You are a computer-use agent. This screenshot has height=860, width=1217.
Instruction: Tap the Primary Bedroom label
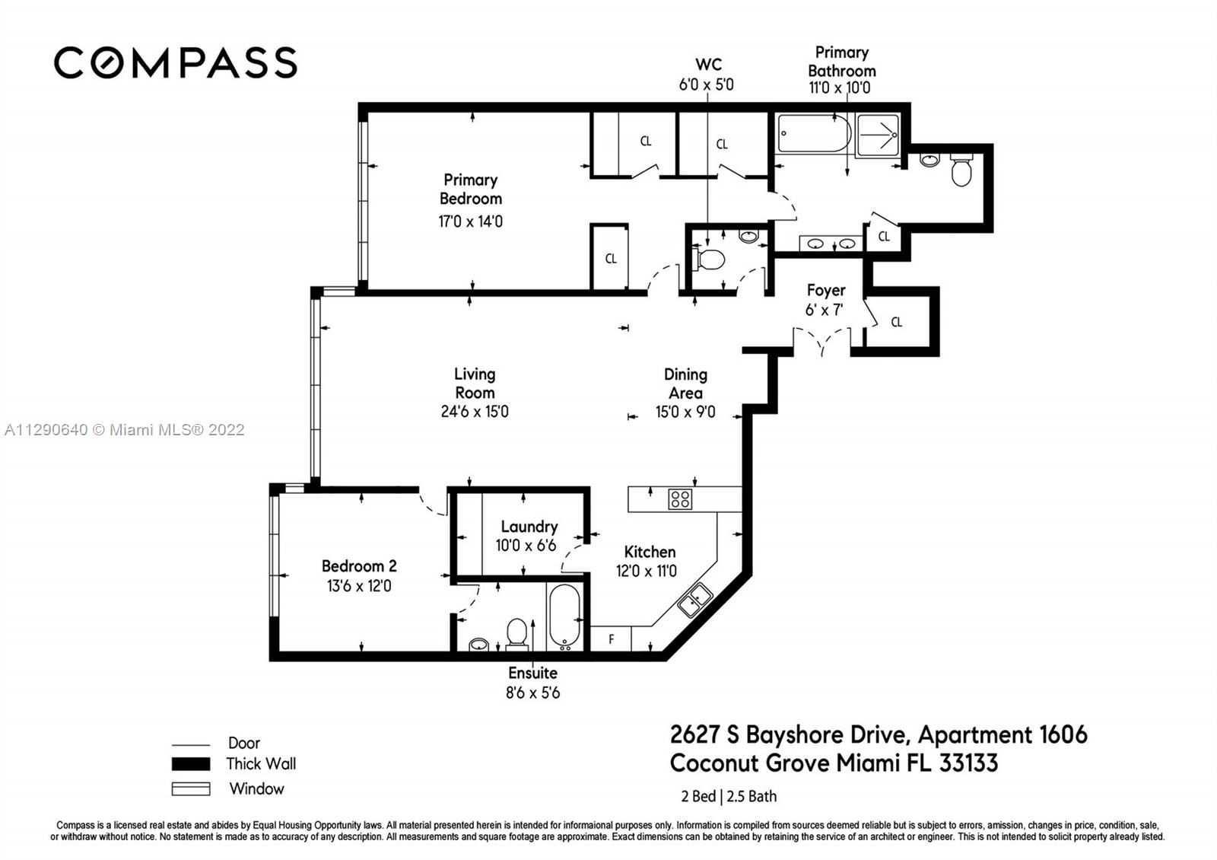point(471,190)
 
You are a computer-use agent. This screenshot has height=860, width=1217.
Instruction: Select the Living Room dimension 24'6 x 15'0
point(475,412)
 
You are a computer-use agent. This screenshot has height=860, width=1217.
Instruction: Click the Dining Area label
point(685,384)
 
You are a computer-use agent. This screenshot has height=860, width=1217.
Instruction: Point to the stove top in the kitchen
point(680,499)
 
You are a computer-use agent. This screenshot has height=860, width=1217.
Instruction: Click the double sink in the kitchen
point(695,600)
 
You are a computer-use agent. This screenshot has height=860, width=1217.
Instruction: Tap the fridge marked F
point(611,639)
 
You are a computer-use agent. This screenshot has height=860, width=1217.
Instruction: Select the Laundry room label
point(529,526)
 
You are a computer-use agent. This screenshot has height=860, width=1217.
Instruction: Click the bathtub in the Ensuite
point(565,617)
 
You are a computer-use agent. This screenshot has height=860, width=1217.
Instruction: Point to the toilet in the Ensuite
point(516,635)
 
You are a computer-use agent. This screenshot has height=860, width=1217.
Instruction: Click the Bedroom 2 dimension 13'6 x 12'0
point(359,586)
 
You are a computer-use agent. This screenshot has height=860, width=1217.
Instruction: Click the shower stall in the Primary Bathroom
point(878,135)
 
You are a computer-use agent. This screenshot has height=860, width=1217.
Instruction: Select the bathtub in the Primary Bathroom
point(813,133)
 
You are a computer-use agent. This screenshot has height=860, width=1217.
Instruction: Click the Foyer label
point(826,290)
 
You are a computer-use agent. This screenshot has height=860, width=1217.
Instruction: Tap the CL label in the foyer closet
point(897,323)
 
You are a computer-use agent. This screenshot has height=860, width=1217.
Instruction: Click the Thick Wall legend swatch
point(191,764)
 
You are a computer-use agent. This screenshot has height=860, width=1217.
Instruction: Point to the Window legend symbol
point(191,788)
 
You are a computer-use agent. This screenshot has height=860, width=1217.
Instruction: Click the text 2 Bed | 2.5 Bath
point(729,796)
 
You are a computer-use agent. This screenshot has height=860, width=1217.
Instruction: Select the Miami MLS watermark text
point(125,430)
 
